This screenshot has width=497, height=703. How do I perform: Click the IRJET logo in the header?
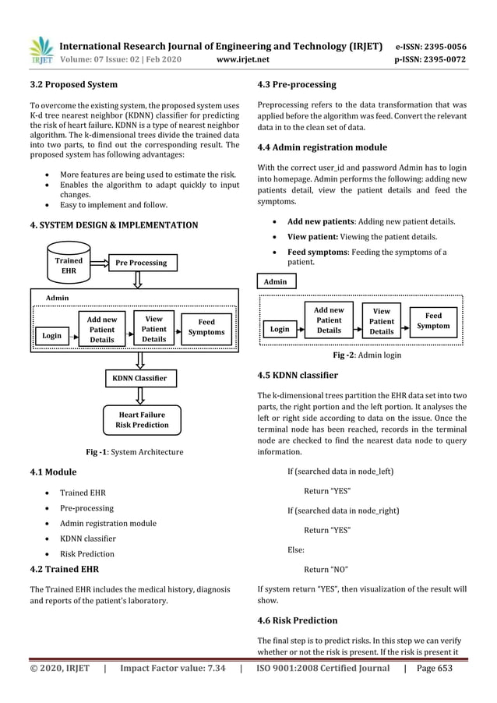(41, 51)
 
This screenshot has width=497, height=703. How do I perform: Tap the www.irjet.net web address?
(245, 58)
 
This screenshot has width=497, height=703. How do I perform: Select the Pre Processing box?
(141, 263)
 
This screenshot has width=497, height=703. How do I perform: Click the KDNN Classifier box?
(141, 379)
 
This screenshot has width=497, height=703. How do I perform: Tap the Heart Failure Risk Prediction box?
(141, 419)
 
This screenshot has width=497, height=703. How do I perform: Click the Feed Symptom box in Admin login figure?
(433, 320)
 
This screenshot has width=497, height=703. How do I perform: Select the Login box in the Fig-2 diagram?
(280, 329)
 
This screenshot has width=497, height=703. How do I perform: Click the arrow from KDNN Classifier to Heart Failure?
(141, 396)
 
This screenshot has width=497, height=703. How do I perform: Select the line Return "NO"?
(326, 569)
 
